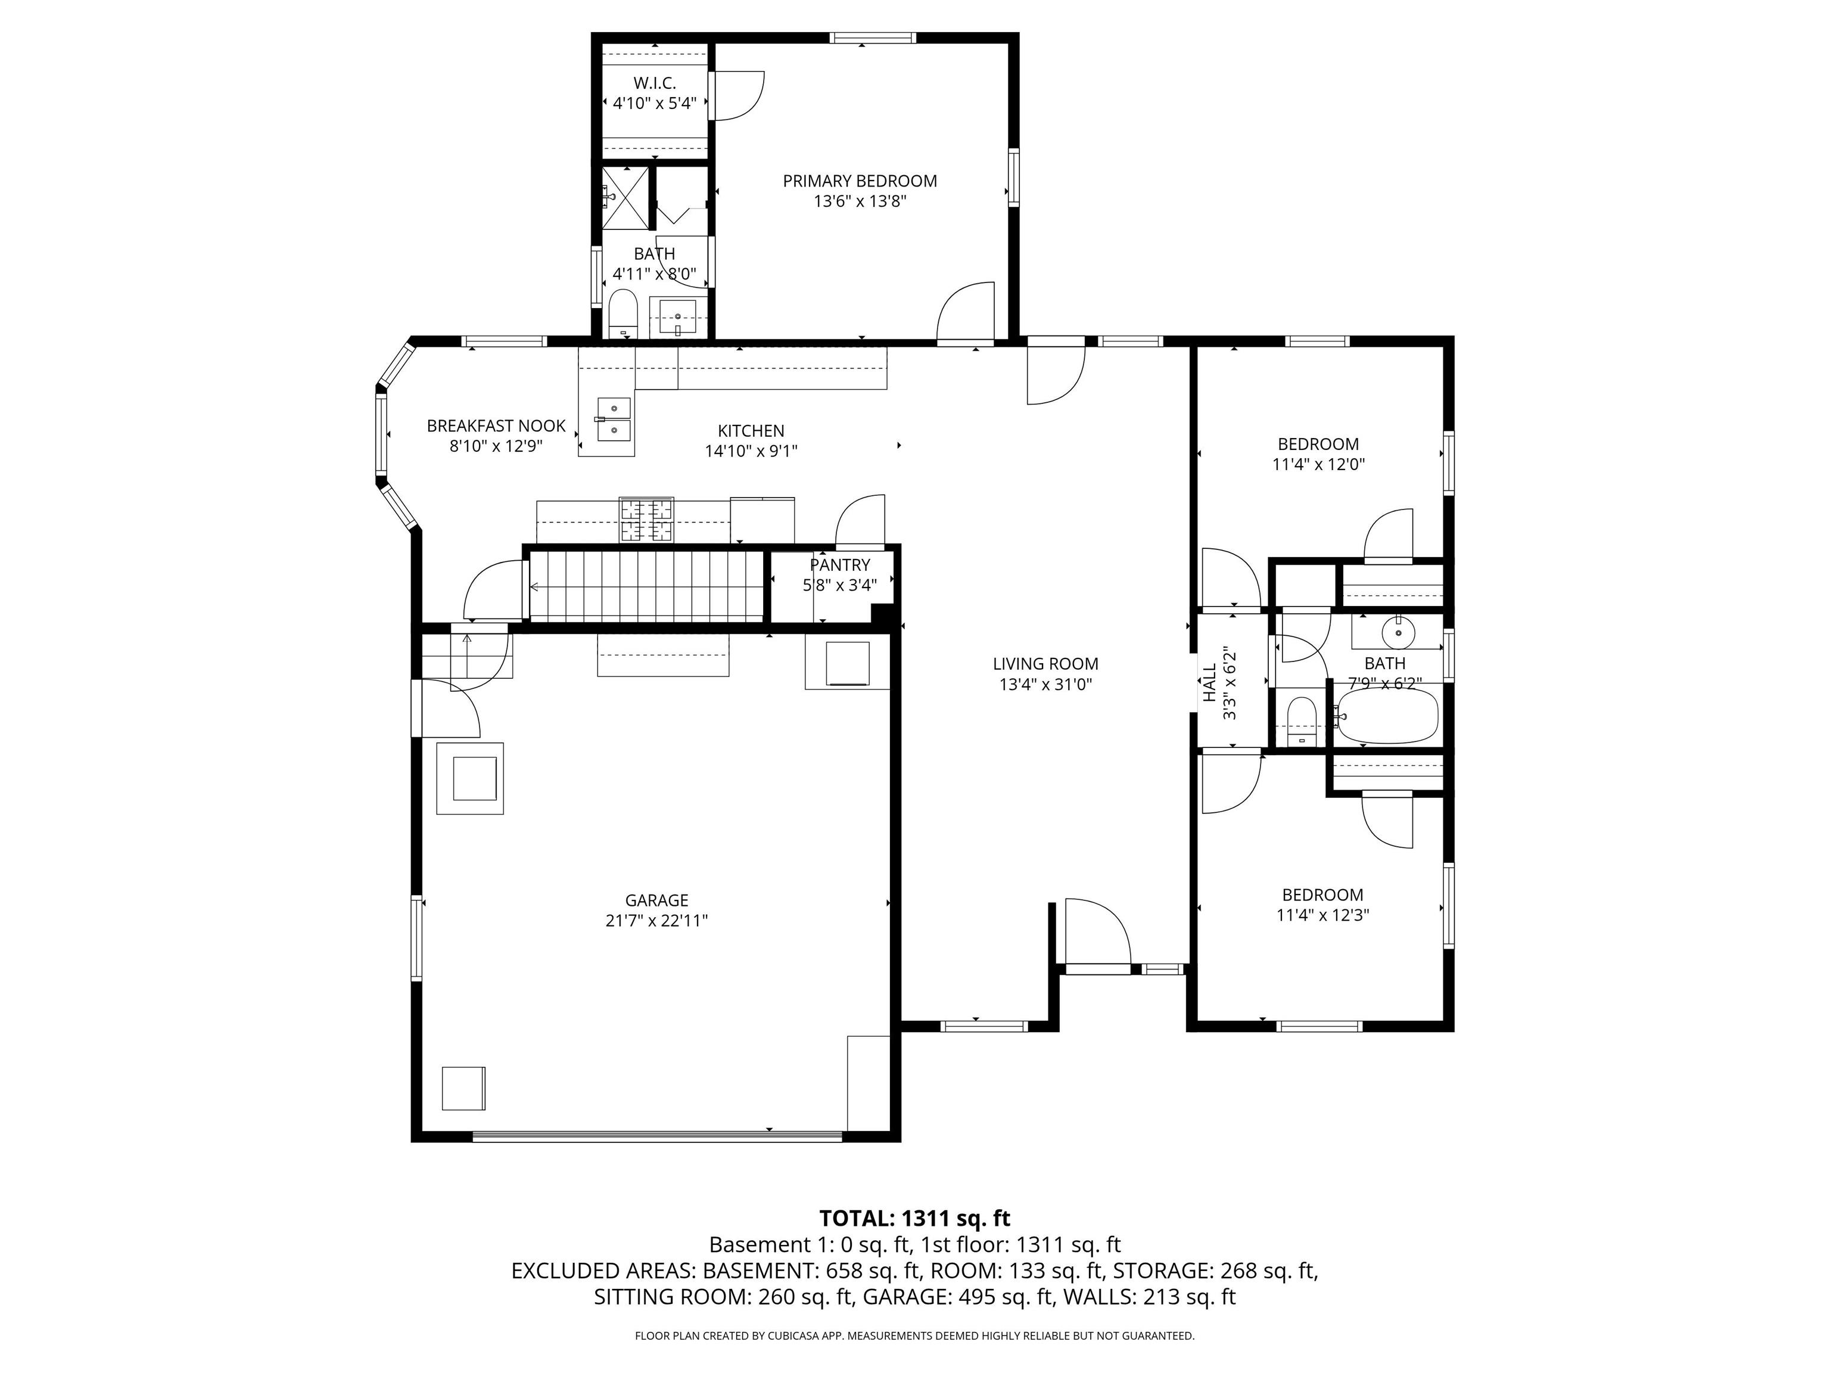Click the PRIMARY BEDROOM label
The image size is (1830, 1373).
pos(860,181)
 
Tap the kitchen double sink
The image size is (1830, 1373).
pos(613,420)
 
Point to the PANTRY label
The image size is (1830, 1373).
pos(840,564)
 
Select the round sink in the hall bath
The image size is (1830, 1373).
pos(1398,633)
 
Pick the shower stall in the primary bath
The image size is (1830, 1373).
pos(625,197)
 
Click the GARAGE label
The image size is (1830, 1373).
pos(656,900)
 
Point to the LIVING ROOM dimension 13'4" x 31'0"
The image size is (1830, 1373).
pos(1045,685)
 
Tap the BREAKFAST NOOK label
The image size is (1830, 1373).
pos(496,425)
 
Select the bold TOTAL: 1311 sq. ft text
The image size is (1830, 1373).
pos(914,1218)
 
